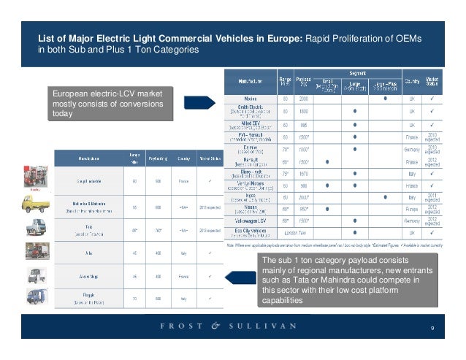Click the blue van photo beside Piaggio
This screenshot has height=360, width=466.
point(34,297)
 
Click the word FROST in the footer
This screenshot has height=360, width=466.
point(180,327)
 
